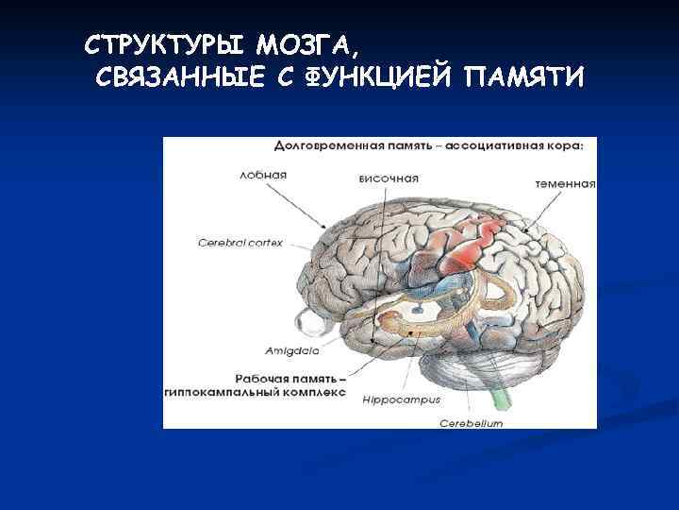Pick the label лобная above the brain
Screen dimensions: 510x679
(262, 176)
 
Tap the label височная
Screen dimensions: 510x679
(389, 178)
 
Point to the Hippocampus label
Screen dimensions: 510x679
(402, 399)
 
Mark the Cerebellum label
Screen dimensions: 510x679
(471, 424)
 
